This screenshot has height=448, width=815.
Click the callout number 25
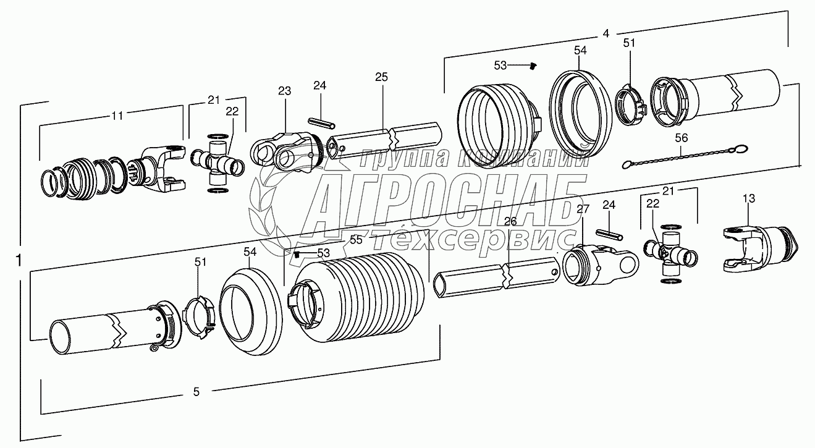pos(382,77)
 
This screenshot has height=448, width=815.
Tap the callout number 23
pos(284,91)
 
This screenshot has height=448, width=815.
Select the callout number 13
pos(749,198)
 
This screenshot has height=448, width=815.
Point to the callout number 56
pos(682,138)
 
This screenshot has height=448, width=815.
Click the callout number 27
pos(583,209)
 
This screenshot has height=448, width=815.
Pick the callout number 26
pos(510,221)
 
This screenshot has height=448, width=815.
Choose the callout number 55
pos(356,240)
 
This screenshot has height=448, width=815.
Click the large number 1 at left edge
pos(18,261)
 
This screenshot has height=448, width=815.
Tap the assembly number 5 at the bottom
pos(196,392)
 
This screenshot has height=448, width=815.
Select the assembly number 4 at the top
pos(606,33)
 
